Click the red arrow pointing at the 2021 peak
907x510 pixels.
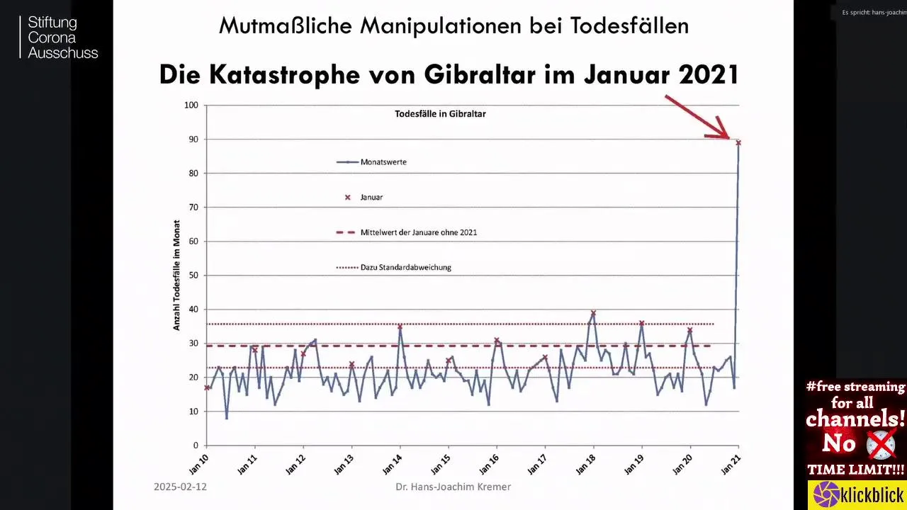click(x=698, y=117)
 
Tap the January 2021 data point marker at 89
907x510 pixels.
click(x=738, y=143)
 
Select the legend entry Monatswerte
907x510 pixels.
click(x=383, y=162)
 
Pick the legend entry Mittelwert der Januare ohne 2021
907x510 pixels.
click(x=418, y=232)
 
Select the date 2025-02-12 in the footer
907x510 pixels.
click(x=180, y=487)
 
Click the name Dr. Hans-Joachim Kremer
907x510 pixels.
click(x=453, y=487)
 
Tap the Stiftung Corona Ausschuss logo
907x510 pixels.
click(x=60, y=38)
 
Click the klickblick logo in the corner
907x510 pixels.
click(x=857, y=494)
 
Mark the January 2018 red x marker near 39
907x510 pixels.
click(x=593, y=313)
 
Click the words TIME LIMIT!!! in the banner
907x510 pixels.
click(x=856, y=470)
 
